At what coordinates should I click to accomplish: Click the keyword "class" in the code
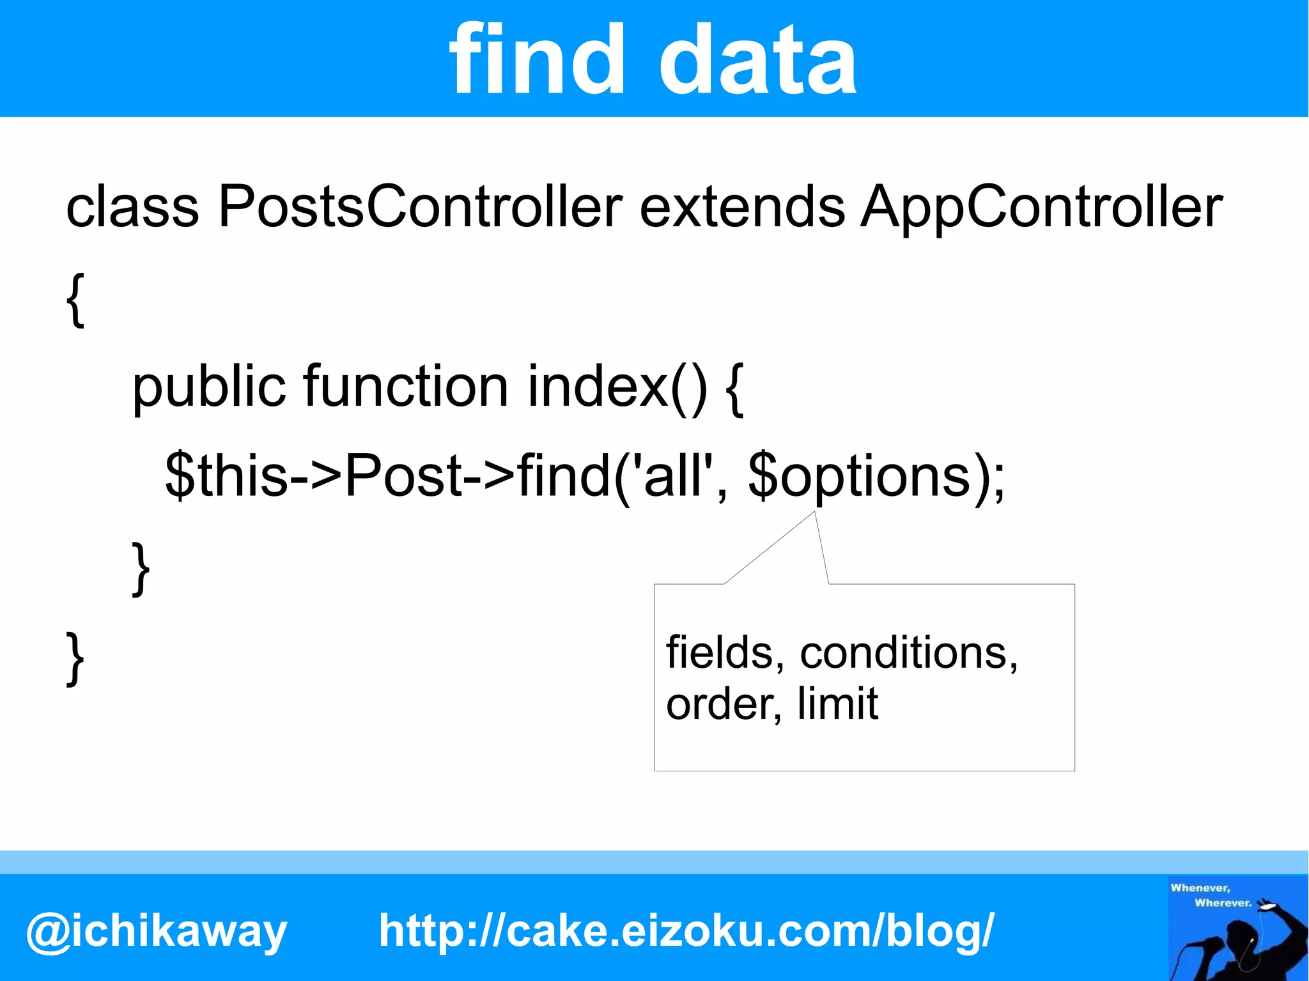tap(132, 207)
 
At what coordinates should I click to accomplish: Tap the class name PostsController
tap(420, 207)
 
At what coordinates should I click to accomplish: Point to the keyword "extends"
tap(742, 207)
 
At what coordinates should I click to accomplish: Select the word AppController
tap(1041, 207)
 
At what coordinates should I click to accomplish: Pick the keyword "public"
tap(208, 389)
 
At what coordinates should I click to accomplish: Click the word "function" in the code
tap(406, 387)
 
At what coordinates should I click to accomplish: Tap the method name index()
tap(617, 387)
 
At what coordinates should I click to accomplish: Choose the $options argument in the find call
tap(860, 476)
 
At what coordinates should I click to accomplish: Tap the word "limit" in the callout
tap(837, 703)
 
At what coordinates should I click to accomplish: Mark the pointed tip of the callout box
tap(814, 513)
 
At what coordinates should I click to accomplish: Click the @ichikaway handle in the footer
tap(157, 931)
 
